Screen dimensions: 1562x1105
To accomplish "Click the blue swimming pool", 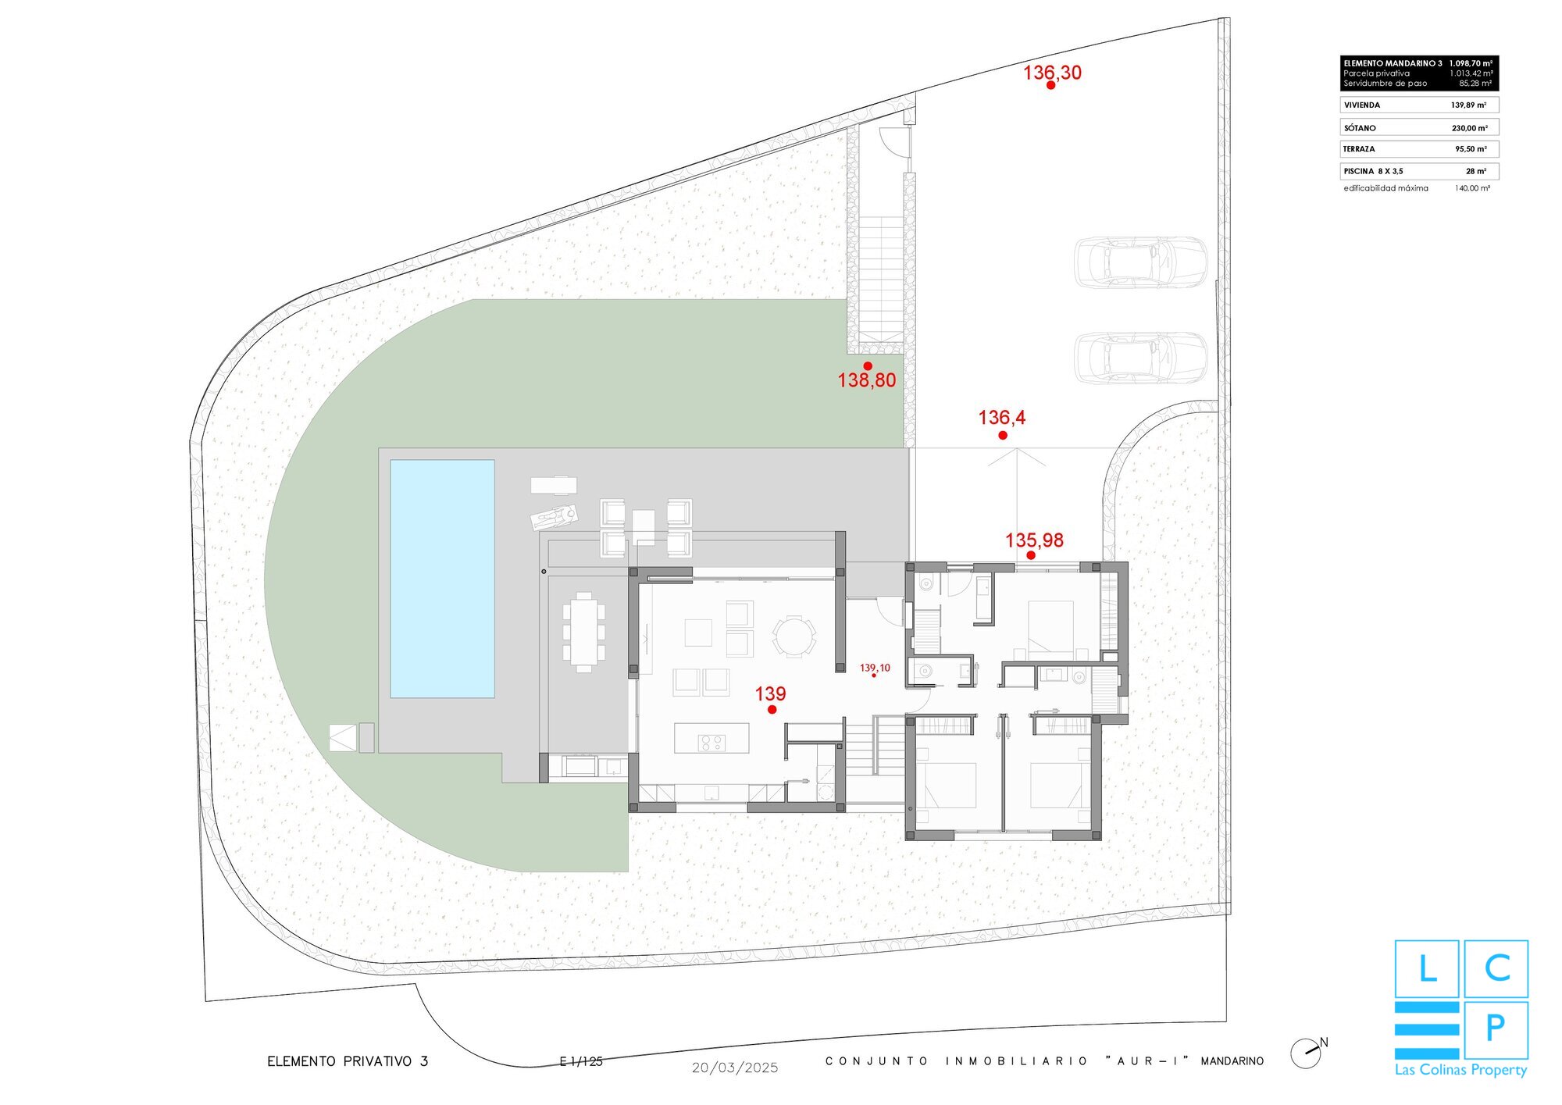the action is [442, 579].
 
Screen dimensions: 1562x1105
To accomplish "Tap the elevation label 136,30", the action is [1052, 73].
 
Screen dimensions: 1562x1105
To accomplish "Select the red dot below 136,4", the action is [1003, 436].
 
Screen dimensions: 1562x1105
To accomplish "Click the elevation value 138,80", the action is [867, 380].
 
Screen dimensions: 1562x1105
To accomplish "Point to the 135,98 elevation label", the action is [1034, 540].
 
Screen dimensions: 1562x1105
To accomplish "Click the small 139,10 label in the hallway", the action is [875, 668].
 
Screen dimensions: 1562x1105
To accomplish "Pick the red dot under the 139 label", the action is [772, 710].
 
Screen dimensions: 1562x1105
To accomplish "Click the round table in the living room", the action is [794, 636].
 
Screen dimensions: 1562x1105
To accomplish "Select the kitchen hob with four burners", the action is [712, 743].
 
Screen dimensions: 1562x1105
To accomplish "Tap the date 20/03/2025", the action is [735, 1068].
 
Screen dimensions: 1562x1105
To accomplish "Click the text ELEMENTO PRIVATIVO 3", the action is [348, 1061].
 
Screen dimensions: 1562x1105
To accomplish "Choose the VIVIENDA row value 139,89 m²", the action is [1468, 105].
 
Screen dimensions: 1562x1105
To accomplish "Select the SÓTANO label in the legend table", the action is [1360, 128].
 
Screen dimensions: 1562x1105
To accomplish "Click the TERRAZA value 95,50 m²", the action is [1471, 149].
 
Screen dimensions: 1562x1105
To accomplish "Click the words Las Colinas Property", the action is [1460, 1071].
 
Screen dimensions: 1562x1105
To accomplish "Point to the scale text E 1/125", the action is [581, 1061].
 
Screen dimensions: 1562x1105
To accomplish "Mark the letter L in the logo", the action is [1427, 969].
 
